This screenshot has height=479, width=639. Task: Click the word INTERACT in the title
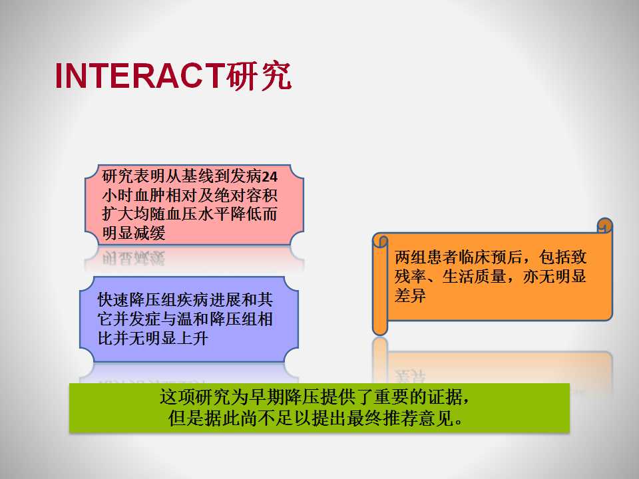pos(140,76)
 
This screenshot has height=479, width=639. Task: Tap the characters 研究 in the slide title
pos(259,76)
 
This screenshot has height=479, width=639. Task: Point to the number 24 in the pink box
pos(270,177)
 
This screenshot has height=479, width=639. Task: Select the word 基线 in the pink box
pos(198,176)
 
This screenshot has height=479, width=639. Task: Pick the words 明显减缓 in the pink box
pos(134,234)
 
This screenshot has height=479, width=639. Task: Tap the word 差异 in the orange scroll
pos(411,295)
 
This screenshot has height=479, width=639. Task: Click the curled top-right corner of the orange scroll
pos(605,226)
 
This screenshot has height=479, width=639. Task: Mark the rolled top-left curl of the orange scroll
pos(380,240)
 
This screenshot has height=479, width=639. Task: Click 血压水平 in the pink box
pos(198,214)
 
